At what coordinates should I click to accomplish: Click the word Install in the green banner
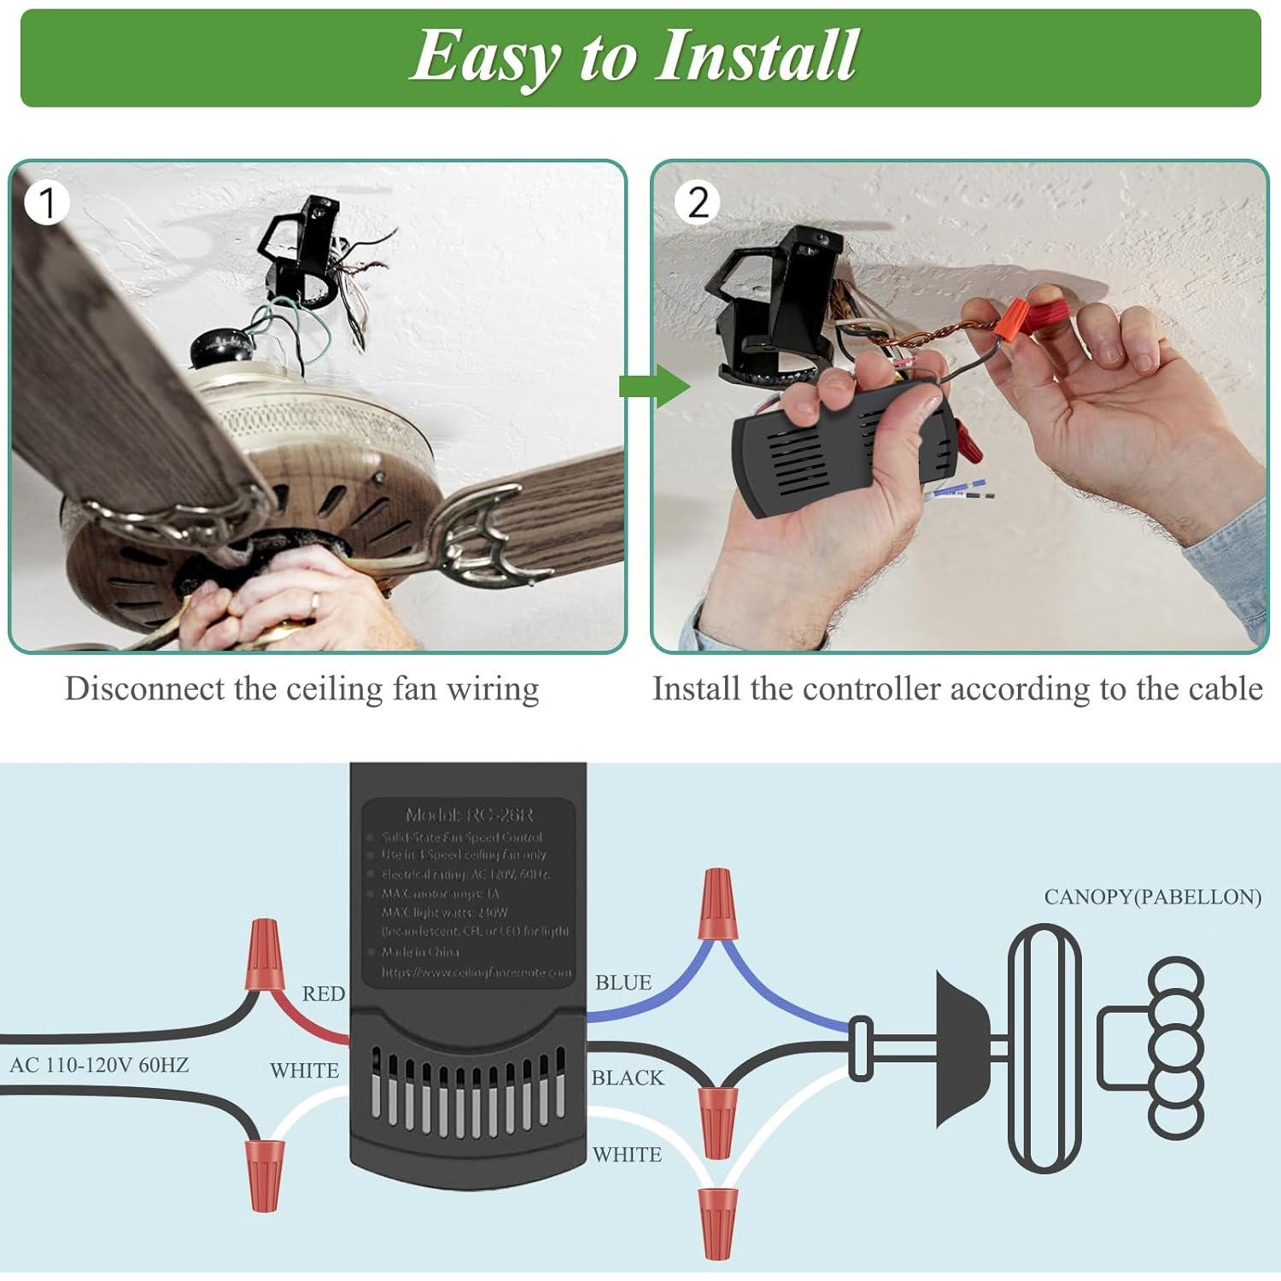click(x=756, y=56)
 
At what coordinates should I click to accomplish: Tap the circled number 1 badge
click(x=46, y=203)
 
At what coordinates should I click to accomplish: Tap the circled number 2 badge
click(x=698, y=203)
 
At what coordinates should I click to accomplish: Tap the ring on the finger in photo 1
click(x=315, y=603)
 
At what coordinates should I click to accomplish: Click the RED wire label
click(x=324, y=994)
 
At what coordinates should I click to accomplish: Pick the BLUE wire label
click(x=623, y=983)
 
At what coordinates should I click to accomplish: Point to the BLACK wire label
click(x=628, y=1079)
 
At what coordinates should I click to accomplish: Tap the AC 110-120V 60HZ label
click(x=99, y=1065)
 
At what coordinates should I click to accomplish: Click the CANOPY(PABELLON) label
click(x=1152, y=897)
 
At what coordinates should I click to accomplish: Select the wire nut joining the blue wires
click(x=716, y=904)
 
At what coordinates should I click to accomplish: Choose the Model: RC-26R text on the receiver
click(x=469, y=815)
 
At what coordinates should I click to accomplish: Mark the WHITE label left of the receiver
click(x=304, y=1071)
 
